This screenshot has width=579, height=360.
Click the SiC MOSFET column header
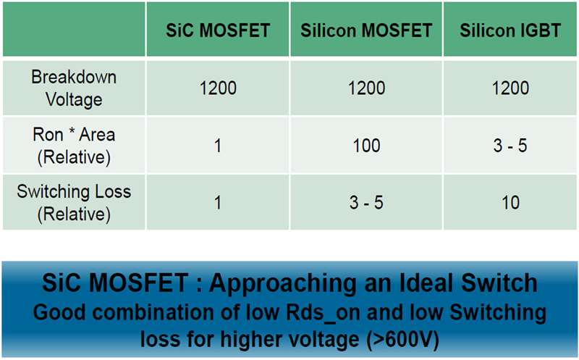[x=218, y=30]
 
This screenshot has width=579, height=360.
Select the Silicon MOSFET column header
[x=366, y=30]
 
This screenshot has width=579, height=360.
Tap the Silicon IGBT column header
[x=510, y=30]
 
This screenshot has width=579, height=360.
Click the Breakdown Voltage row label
[x=74, y=88]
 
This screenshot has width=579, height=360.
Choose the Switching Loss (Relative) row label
[x=74, y=203]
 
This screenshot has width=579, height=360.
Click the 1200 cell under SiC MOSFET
[x=218, y=88]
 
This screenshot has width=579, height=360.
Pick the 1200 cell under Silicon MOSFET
[x=366, y=88]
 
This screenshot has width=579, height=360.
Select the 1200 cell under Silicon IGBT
[x=510, y=88]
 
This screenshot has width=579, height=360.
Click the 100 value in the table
[x=366, y=146]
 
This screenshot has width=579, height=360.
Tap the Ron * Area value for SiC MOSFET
[x=218, y=146]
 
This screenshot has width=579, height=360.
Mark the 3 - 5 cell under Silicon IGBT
[x=510, y=146]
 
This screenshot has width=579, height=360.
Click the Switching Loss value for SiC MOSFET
[x=218, y=203]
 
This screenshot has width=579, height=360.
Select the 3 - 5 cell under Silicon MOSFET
[x=366, y=203]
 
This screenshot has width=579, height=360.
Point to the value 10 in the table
[x=510, y=203]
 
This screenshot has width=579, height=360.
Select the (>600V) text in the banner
[x=402, y=339]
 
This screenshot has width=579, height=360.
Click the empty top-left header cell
[x=74, y=29]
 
